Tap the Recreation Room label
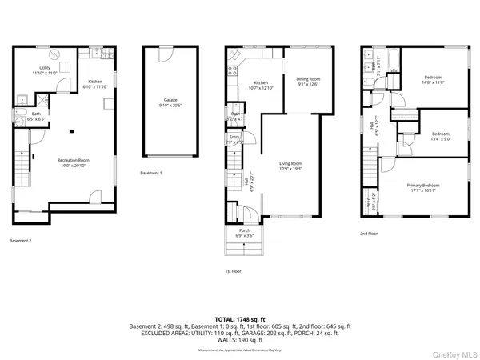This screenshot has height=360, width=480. (73, 162)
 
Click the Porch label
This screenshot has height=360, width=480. (243, 234)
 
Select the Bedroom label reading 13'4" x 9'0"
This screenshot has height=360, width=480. (441, 136)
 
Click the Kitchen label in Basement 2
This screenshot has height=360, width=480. (95, 84)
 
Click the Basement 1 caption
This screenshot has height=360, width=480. (150, 173)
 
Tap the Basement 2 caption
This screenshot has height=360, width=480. (20, 240)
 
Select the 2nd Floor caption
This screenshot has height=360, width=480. (370, 234)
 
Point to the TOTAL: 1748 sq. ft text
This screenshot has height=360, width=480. (240, 318)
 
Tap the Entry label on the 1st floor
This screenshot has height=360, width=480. (234, 139)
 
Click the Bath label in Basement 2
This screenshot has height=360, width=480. (36, 116)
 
